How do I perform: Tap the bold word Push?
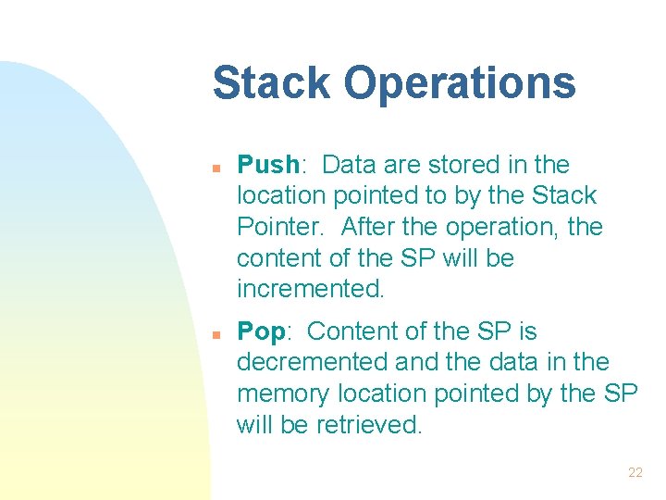click(x=267, y=165)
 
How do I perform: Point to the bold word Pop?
click(x=261, y=331)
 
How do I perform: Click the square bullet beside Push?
click(x=214, y=169)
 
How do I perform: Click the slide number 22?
click(x=635, y=472)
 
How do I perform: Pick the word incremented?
click(x=310, y=289)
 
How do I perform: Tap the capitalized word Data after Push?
click(x=347, y=165)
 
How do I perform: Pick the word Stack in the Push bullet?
click(x=566, y=196)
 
